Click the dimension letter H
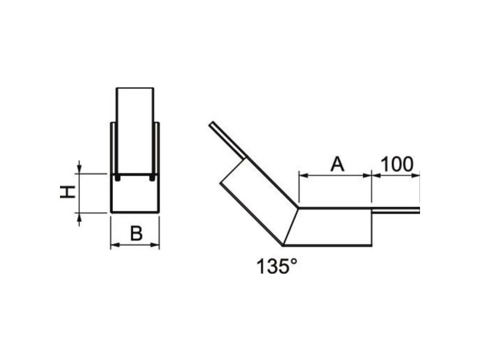[x=67, y=192]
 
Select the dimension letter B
[x=136, y=233]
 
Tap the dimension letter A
[x=337, y=164]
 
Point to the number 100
[x=397, y=164]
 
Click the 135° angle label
[x=277, y=266]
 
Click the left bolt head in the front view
[x=117, y=178]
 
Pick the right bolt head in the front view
[x=152, y=178]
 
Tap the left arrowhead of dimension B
[x=114, y=245]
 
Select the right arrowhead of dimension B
[x=155, y=245]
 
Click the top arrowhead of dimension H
[x=79, y=169]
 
